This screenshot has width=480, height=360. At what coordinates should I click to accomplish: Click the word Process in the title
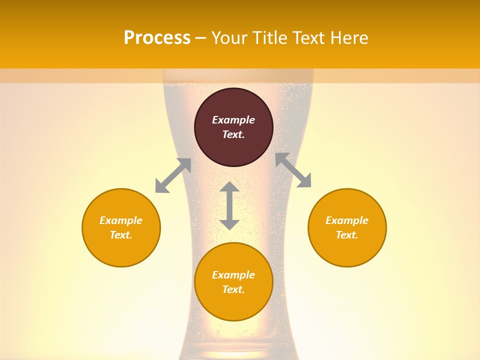[157, 38]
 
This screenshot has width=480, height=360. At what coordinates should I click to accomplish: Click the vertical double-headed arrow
[229, 205]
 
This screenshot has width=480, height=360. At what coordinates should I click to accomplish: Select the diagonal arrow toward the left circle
[173, 175]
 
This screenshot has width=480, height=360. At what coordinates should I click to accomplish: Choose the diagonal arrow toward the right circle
[293, 170]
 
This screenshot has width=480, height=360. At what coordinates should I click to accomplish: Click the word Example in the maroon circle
[233, 120]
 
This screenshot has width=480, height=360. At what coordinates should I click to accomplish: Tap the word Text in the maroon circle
[233, 134]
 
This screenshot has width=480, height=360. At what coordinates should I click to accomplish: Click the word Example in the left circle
[121, 220]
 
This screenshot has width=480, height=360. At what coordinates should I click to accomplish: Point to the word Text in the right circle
[347, 235]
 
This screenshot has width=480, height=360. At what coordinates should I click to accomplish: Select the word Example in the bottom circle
[233, 275]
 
